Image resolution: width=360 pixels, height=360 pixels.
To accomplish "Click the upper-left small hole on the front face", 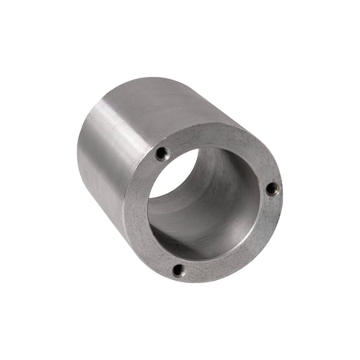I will click(162, 152).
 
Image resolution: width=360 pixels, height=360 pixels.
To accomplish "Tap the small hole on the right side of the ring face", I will click(272, 189).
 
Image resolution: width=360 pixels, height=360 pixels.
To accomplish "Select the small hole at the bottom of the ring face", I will click(178, 270).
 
